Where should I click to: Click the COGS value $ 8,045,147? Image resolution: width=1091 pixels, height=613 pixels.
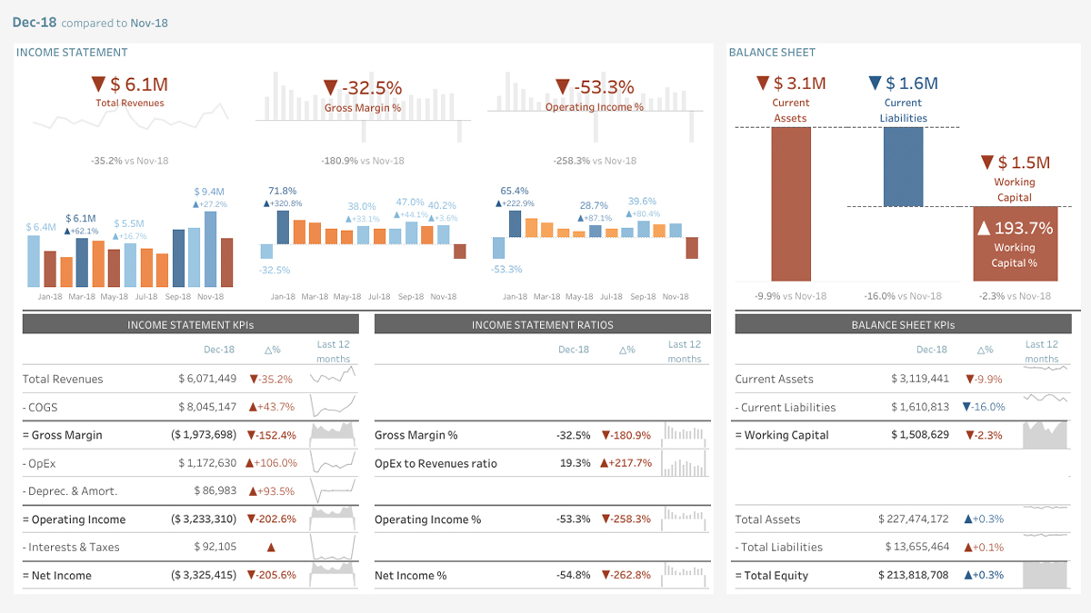click(207, 408)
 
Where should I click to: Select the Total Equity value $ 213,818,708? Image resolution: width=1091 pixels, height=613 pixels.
click(914, 576)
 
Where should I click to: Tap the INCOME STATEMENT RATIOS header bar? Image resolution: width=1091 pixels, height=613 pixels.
click(542, 324)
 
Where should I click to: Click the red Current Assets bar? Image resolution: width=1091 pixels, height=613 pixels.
click(791, 204)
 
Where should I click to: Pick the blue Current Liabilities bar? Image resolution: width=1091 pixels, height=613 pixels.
click(903, 167)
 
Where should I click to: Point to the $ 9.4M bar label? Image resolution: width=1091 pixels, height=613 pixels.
click(210, 192)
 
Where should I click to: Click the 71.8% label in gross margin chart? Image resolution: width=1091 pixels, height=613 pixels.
click(283, 191)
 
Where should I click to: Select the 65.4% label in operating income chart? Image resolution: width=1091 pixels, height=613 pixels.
click(515, 191)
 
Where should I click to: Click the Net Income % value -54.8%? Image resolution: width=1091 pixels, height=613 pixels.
click(573, 576)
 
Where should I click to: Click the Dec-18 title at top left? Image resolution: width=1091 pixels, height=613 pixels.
click(35, 23)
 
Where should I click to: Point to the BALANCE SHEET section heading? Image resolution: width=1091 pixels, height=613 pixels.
click(772, 53)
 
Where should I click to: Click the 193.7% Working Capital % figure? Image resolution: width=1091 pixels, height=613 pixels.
click(1015, 228)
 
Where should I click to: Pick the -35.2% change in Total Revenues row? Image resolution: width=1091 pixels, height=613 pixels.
click(272, 380)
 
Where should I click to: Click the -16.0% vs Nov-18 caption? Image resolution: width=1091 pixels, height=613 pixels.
click(903, 296)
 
